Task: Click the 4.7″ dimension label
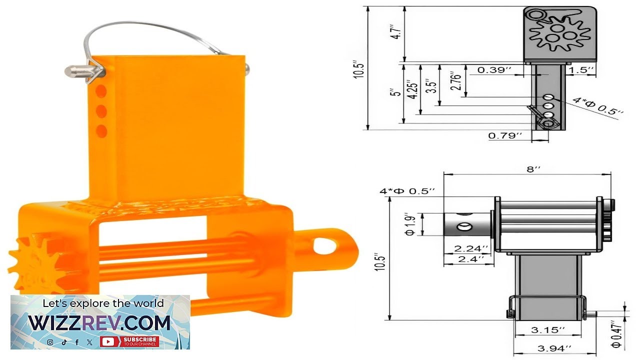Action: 397,32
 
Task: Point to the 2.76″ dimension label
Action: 455,81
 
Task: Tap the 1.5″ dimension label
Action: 581,70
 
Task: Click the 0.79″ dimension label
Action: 505,135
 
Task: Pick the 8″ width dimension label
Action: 533,169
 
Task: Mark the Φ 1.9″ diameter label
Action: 410,224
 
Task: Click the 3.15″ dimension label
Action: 548,330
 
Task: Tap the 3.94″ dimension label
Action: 554,348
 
